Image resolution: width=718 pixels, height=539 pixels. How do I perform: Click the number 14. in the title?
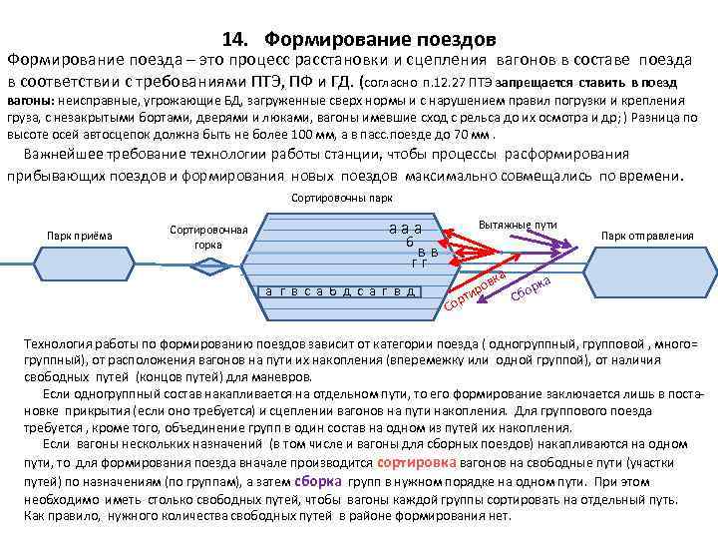[x=236, y=40]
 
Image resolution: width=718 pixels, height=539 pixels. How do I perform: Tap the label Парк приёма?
[x=80, y=236]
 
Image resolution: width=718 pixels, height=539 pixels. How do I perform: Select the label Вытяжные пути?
[x=518, y=227]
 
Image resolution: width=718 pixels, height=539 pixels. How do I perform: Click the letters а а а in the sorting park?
[x=405, y=228]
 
